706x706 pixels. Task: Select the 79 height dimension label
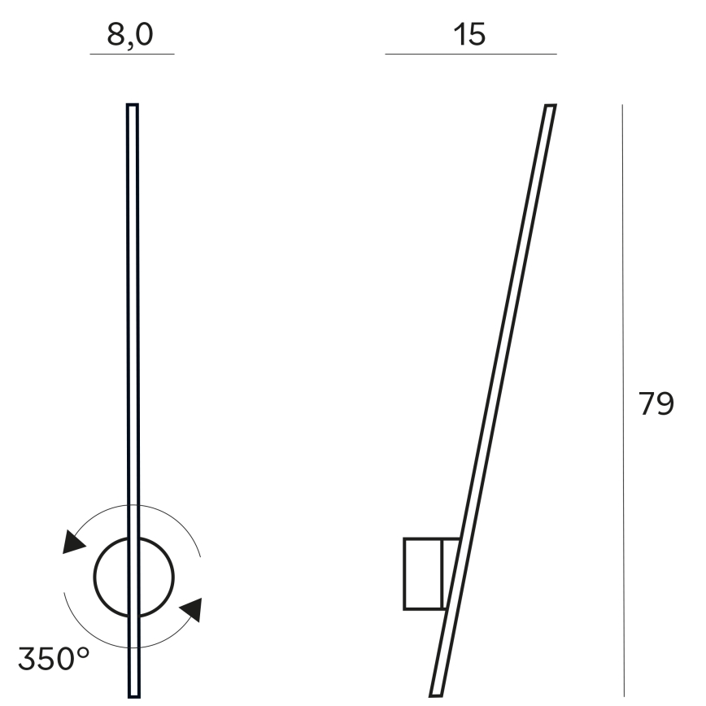click(656, 403)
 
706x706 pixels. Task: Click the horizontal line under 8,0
click(132, 54)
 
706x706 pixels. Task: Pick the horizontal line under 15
click(470, 54)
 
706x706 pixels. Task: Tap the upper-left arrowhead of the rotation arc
click(74, 543)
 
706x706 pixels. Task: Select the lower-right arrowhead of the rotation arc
click(192, 609)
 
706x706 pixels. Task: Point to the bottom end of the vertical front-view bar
click(133, 694)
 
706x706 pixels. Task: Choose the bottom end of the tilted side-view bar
click(437, 694)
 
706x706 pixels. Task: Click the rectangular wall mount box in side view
click(423, 573)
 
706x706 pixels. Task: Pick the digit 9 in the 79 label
click(665, 403)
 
